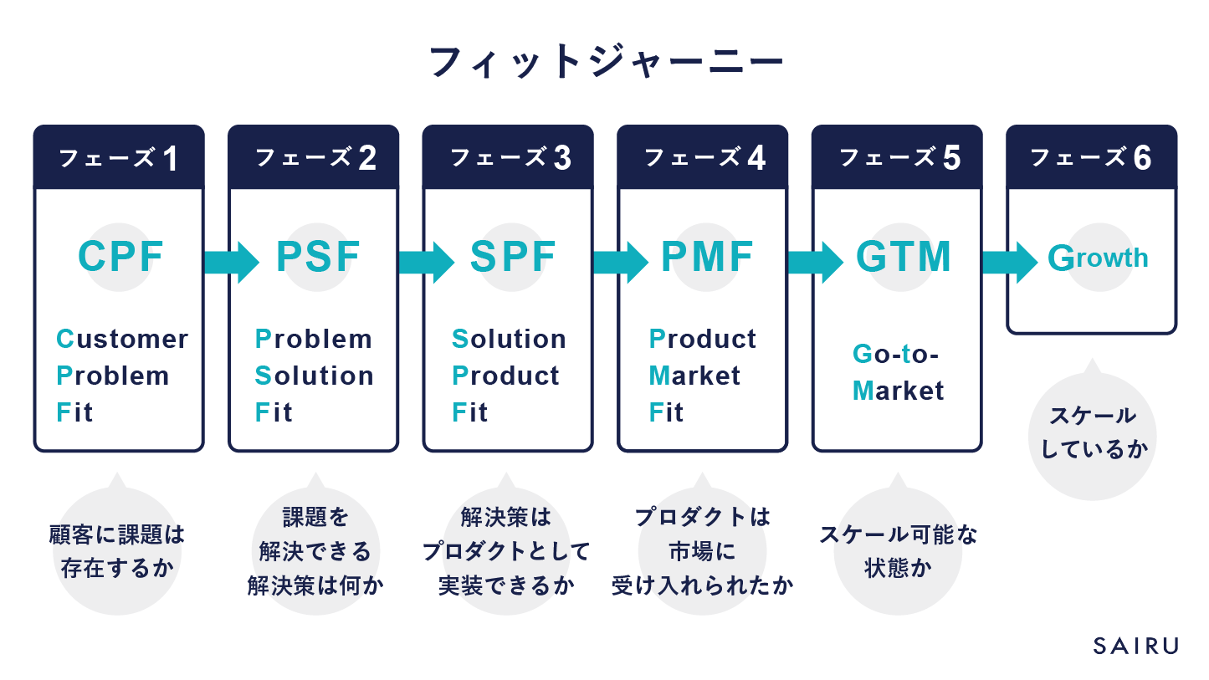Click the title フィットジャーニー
point(605,64)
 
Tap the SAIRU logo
point(1135,646)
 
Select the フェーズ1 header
point(118,158)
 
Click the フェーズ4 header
point(702,158)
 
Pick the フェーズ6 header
point(1091,158)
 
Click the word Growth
point(1098,258)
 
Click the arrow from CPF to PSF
point(232,262)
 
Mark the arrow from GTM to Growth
point(1009,262)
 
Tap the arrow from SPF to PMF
point(620,262)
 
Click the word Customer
point(122,339)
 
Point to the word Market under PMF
point(694,376)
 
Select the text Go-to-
point(895,354)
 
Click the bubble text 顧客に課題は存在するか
point(117,551)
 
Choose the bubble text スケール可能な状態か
point(898,551)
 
